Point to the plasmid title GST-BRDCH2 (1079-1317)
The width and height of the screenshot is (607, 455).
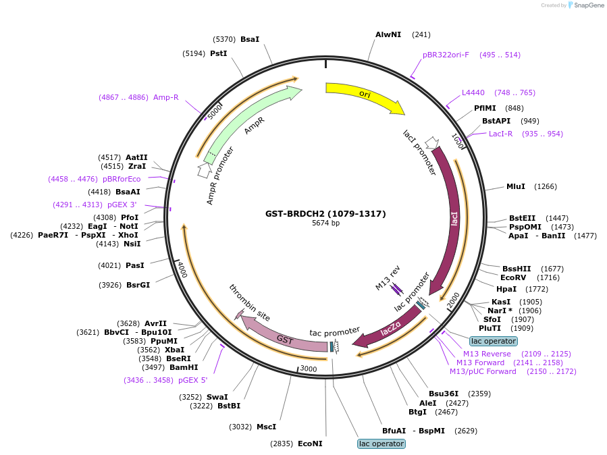click(325, 213)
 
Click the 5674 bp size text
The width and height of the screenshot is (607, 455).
click(325, 223)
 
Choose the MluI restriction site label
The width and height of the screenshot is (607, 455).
click(517, 186)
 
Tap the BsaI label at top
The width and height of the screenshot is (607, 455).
click(250, 40)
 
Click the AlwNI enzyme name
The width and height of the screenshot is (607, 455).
click(388, 34)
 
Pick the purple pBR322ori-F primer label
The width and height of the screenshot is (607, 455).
click(446, 55)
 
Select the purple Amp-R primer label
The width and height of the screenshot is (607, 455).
click(165, 97)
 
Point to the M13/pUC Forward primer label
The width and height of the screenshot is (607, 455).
click(483, 371)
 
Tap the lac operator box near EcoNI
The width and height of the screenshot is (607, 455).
click(381, 444)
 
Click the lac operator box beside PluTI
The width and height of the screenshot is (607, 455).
click(494, 341)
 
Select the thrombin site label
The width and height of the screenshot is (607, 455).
click(249, 302)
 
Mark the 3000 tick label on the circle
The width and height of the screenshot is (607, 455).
click(308, 369)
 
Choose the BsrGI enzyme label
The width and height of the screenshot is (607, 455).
click(138, 285)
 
